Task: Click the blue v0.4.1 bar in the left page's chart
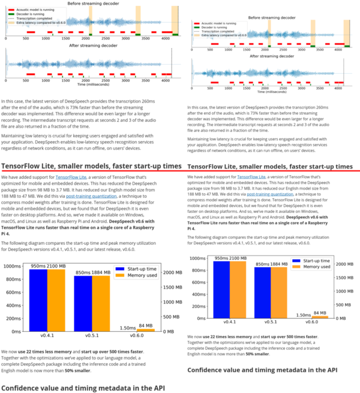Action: click(38, 299)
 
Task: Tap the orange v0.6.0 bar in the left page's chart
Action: click(145, 329)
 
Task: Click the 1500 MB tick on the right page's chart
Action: click(344, 278)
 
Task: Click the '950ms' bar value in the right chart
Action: click(223, 257)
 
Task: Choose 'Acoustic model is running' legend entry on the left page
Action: click(30, 9)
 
